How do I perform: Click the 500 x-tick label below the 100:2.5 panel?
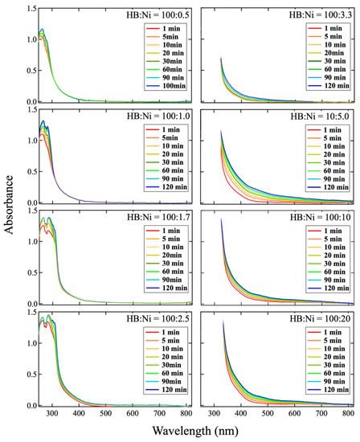pyautogui.click(x=106, y=413)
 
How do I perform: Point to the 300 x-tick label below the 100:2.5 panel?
pyautogui.click(x=51, y=413)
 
